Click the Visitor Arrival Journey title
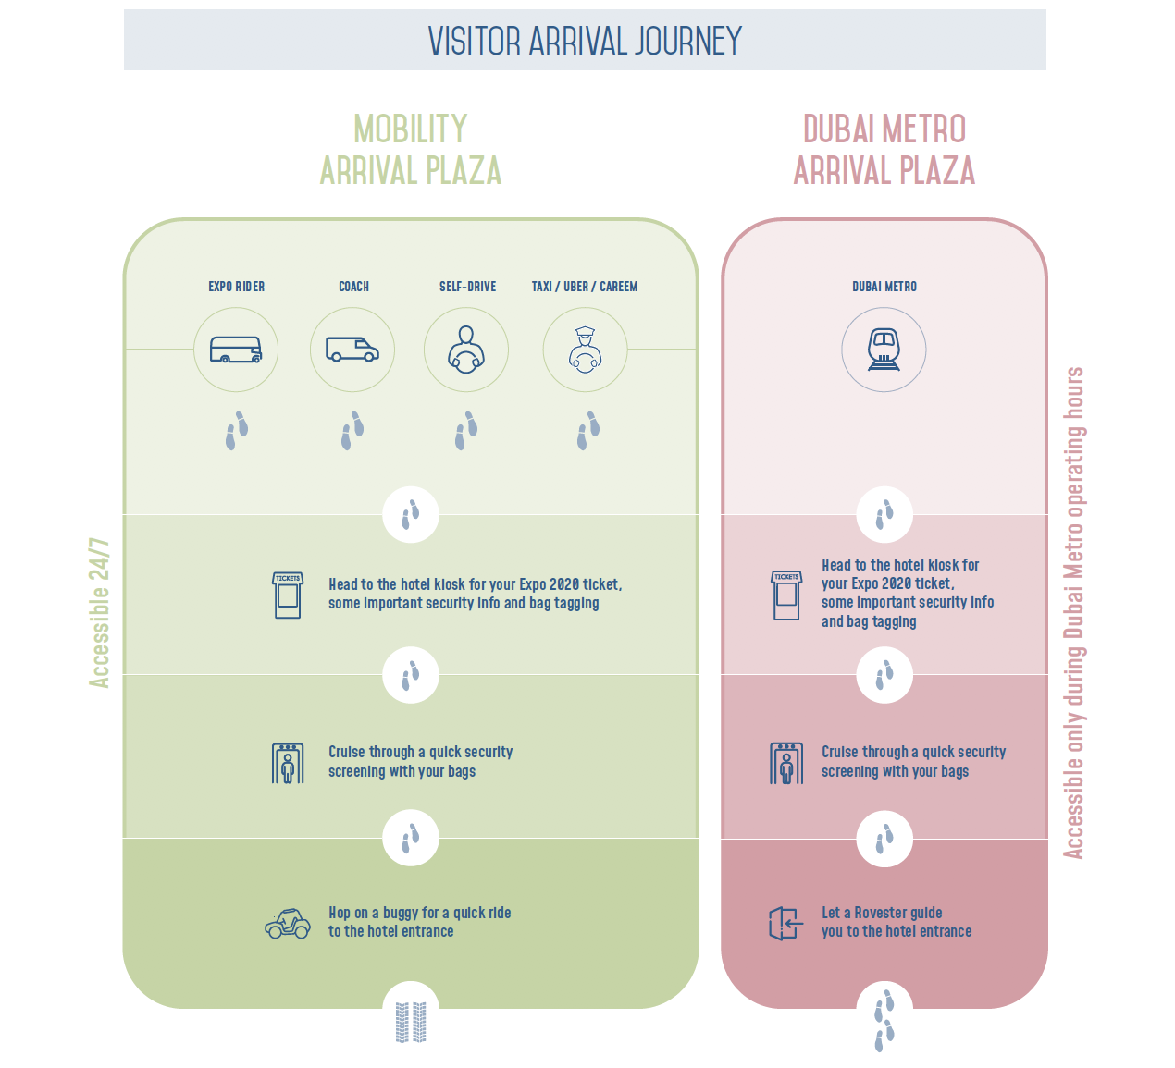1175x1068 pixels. [x=585, y=41]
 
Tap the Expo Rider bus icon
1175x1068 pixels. [x=236, y=350]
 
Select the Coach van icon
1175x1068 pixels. [x=352, y=350]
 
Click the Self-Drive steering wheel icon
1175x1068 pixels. [x=466, y=350]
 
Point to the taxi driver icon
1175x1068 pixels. [x=585, y=350]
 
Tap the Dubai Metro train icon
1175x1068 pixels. [x=884, y=350]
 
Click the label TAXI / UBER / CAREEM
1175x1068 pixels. [x=585, y=287]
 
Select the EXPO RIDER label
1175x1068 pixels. [x=236, y=287]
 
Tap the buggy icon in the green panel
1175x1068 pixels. [x=288, y=923]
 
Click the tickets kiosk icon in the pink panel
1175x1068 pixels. [x=786, y=595]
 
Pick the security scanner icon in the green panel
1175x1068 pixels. [x=288, y=763]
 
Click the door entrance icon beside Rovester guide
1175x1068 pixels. [x=785, y=923]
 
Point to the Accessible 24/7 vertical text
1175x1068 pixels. [x=99, y=612]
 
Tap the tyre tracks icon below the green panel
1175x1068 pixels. [x=411, y=1022]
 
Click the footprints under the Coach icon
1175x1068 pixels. [x=352, y=431]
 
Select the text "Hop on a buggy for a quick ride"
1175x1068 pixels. [x=419, y=913]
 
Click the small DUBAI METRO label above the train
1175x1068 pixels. [x=884, y=287]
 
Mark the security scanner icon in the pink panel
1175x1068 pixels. [x=786, y=763]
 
